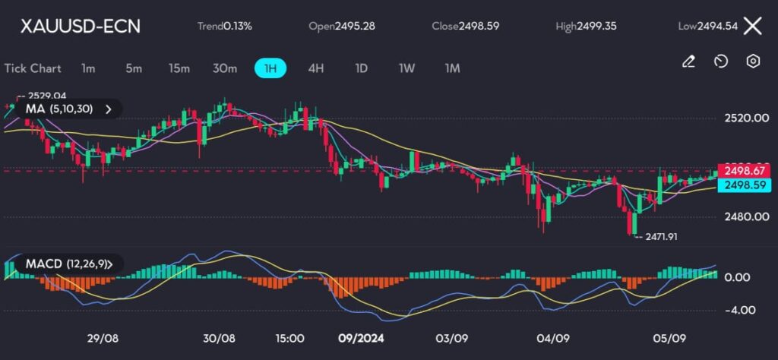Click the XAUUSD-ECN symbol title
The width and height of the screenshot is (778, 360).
[x=80, y=26]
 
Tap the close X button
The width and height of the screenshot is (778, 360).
[x=752, y=26]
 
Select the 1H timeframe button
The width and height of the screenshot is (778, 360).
[x=270, y=68]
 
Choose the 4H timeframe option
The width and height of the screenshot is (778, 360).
[x=316, y=68]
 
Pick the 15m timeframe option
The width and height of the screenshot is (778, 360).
[x=179, y=68]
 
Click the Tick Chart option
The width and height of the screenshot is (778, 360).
[x=33, y=68]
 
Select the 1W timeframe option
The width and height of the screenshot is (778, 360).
[x=407, y=68]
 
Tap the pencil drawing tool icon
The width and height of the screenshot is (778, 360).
[x=688, y=62]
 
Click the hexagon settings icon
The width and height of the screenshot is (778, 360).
[x=753, y=62]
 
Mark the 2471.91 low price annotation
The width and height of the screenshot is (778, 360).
[x=660, y=237]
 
